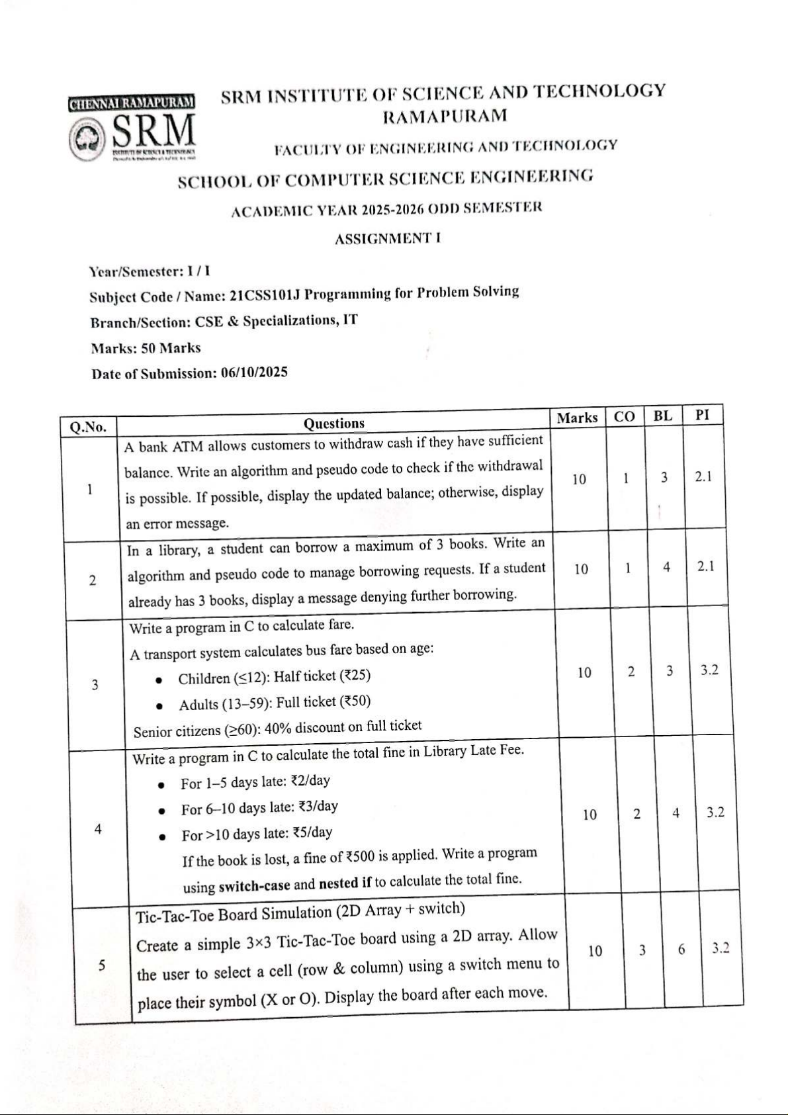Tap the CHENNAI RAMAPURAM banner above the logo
tap(131, 103)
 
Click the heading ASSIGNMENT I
tap(387, 239)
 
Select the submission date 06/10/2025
tap(254, 373)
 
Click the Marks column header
tap(577, 418)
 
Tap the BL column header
tap(662, 416)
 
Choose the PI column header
tap(703, 415)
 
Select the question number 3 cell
tap(95, 685)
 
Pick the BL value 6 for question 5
tap(681, 950)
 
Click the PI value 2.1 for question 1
tap(703, 476)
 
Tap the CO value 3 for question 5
tap(642, 950)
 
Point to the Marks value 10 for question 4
tap(590, 815)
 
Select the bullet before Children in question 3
tap(159, 680)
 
